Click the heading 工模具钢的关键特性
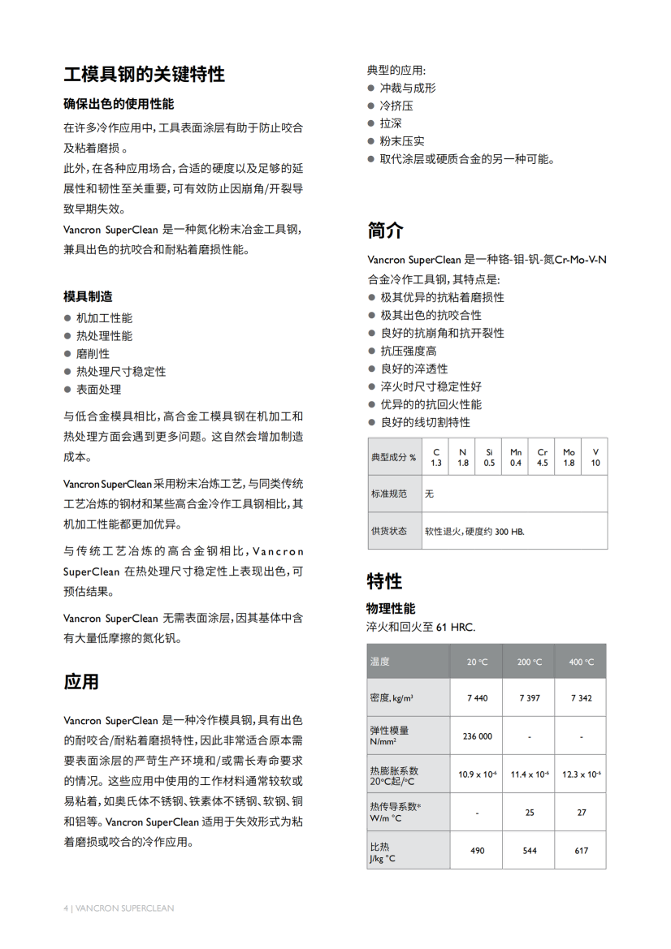(144, 75)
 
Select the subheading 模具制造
(88, 296)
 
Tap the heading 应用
(81, 682)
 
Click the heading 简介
(385, 230)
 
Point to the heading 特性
(384, 581)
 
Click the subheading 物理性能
(391, 608)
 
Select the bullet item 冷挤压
(396, 106)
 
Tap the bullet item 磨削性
(93, 354)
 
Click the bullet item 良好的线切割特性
(425, 422)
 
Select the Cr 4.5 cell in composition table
(542, 457)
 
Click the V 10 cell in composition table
(595, 457)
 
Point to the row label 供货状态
(388, 531)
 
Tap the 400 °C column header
(581, 662)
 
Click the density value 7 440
(477, 698)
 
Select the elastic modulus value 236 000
(477, 736)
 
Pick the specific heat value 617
(581, 851)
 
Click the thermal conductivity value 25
(529, 812)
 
